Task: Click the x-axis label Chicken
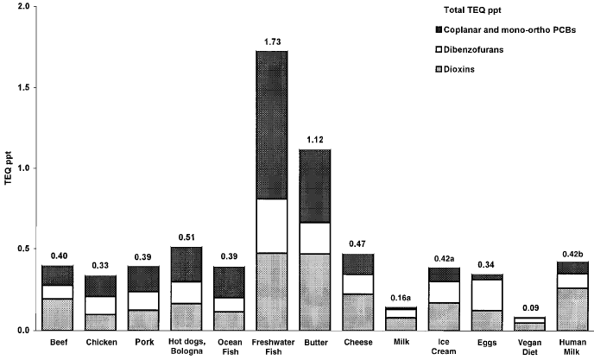coord(101,342)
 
